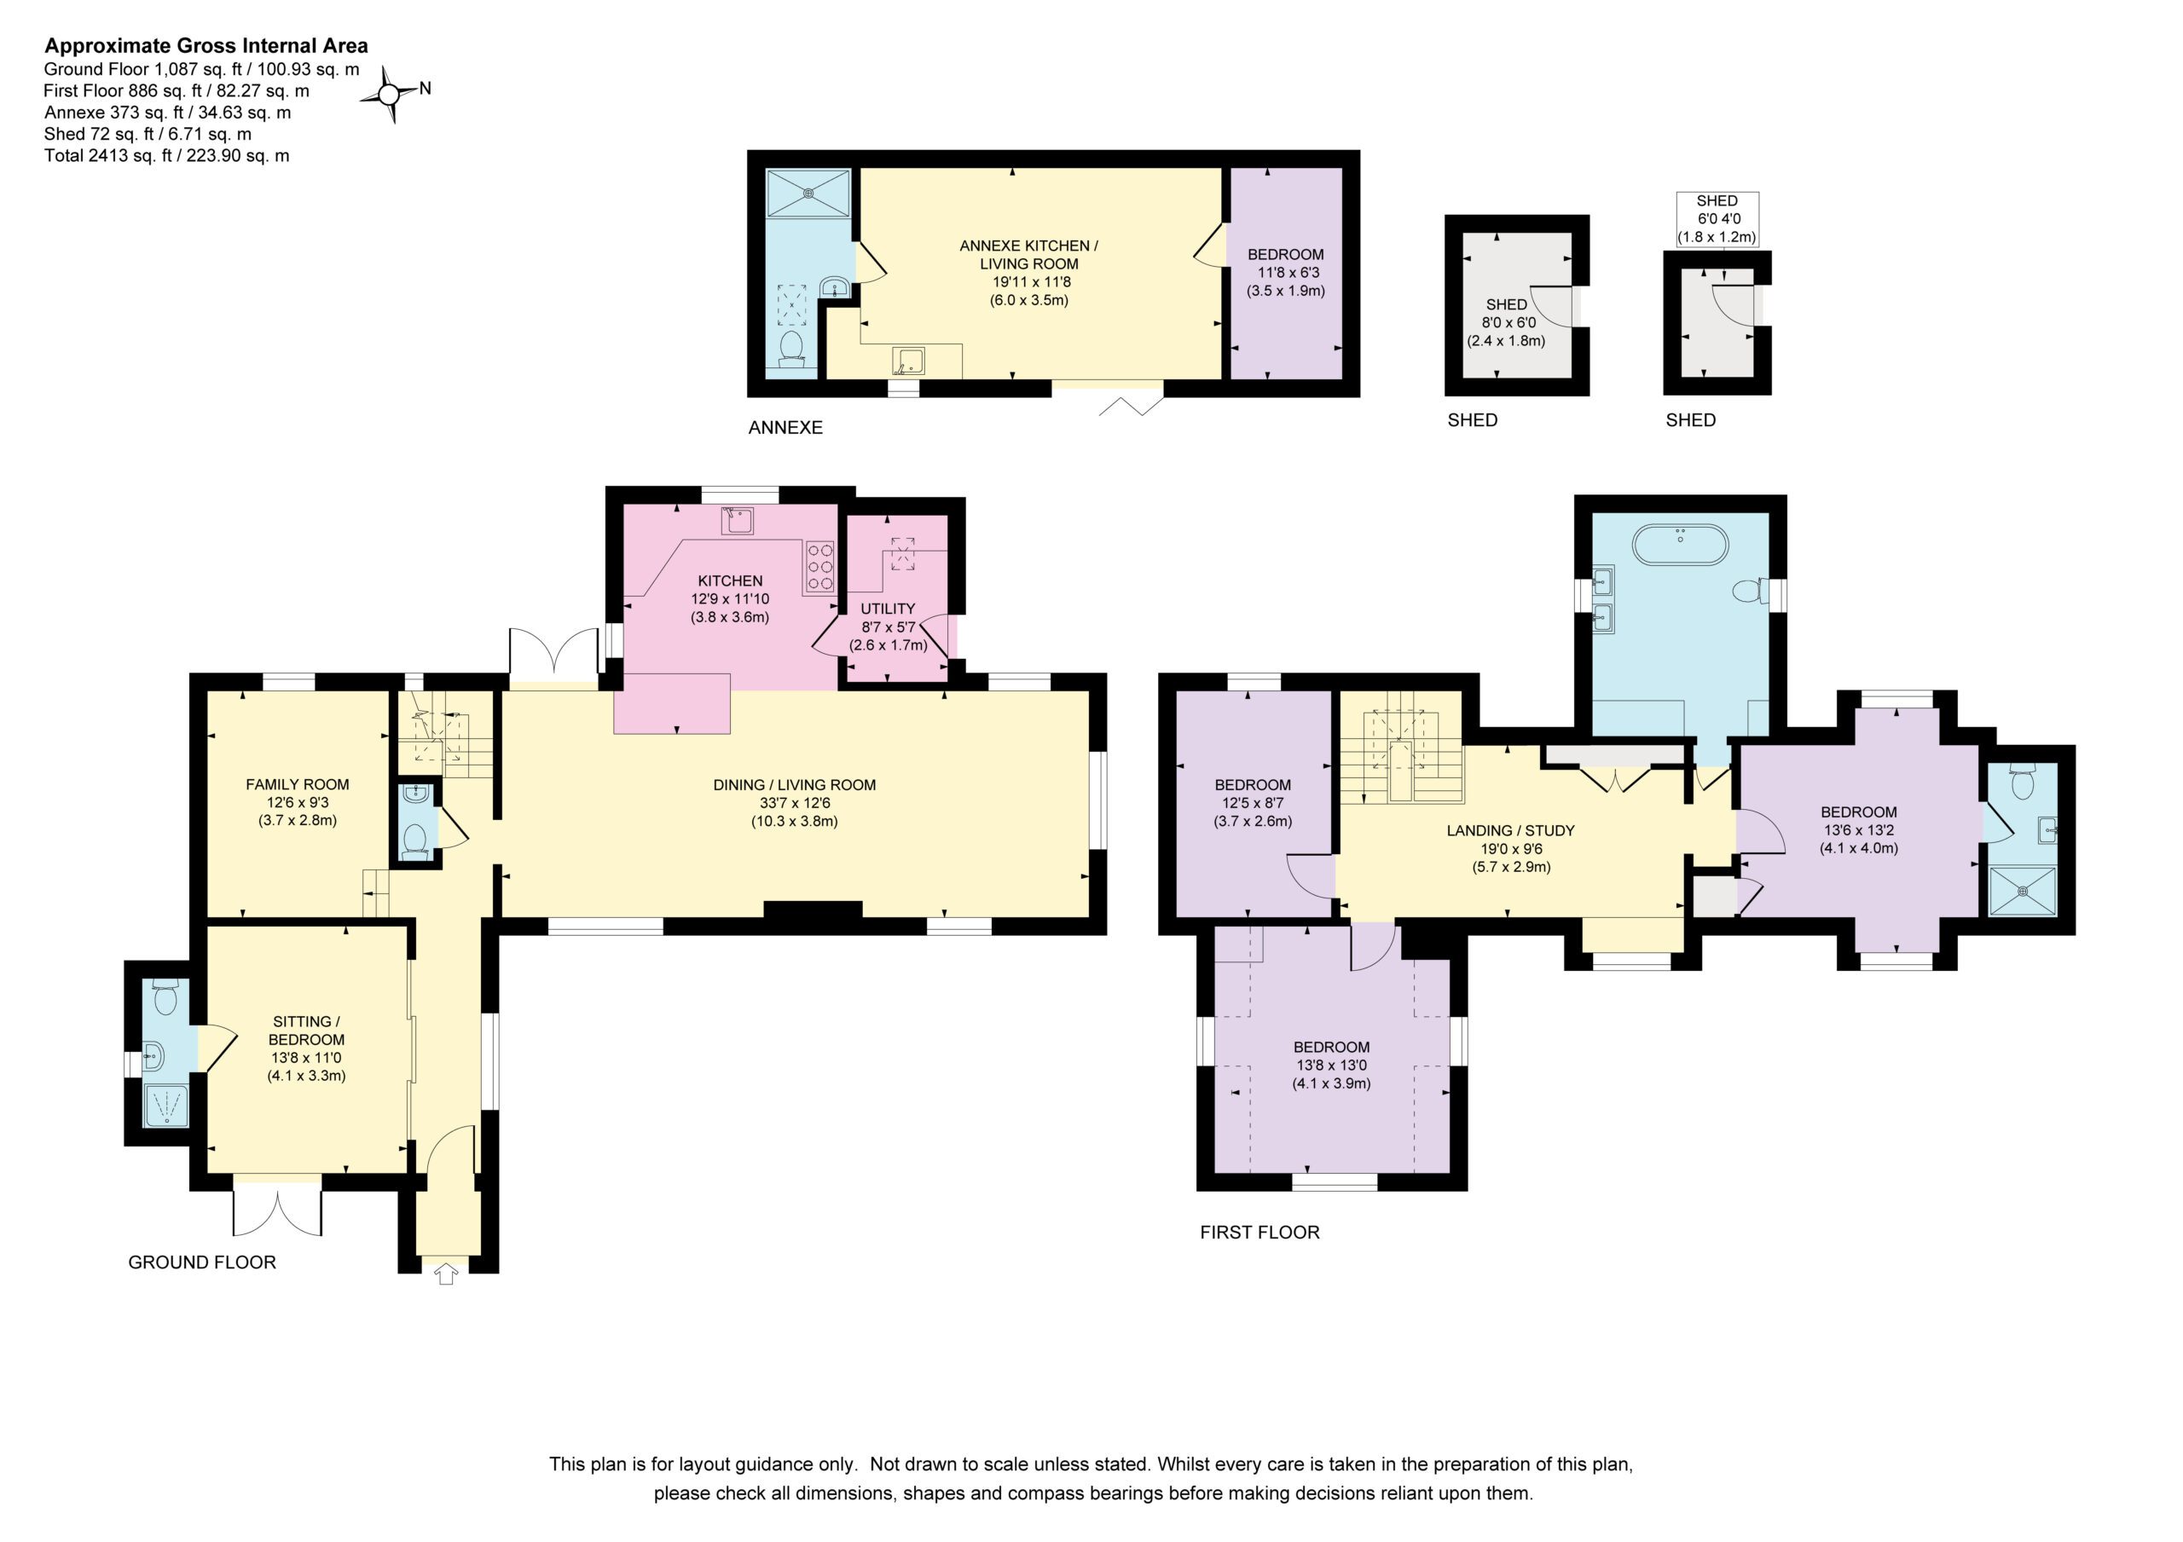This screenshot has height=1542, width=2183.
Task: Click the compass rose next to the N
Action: tap(389, 94)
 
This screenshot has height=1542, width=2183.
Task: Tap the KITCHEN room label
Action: tap(730, 580)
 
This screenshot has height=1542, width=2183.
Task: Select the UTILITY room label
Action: tap(888, 609)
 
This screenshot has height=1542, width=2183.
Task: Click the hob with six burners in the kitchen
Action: tap(819, 567)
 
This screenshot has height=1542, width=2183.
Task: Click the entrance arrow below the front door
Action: tap(446, 1272)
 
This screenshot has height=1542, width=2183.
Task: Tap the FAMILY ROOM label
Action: tap(298, 784)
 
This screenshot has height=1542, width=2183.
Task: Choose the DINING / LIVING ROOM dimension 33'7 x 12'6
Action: tap(795, 803)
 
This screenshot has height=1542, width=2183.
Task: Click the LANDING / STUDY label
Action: tap(1511, 831)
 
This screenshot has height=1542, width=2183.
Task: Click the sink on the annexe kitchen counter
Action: tap(908, 361)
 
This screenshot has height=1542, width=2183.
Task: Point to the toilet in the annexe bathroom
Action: tap(791, 348)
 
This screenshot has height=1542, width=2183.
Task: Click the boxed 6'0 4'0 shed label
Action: tap(1717, 219)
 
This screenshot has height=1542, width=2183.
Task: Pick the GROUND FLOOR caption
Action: tap(202, 1262)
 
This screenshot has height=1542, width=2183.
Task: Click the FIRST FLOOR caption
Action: tap(1259, 1232)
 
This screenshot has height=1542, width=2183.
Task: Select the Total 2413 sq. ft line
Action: tap(167, 155)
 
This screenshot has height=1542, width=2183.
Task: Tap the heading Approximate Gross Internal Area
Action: tap(206, 46)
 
